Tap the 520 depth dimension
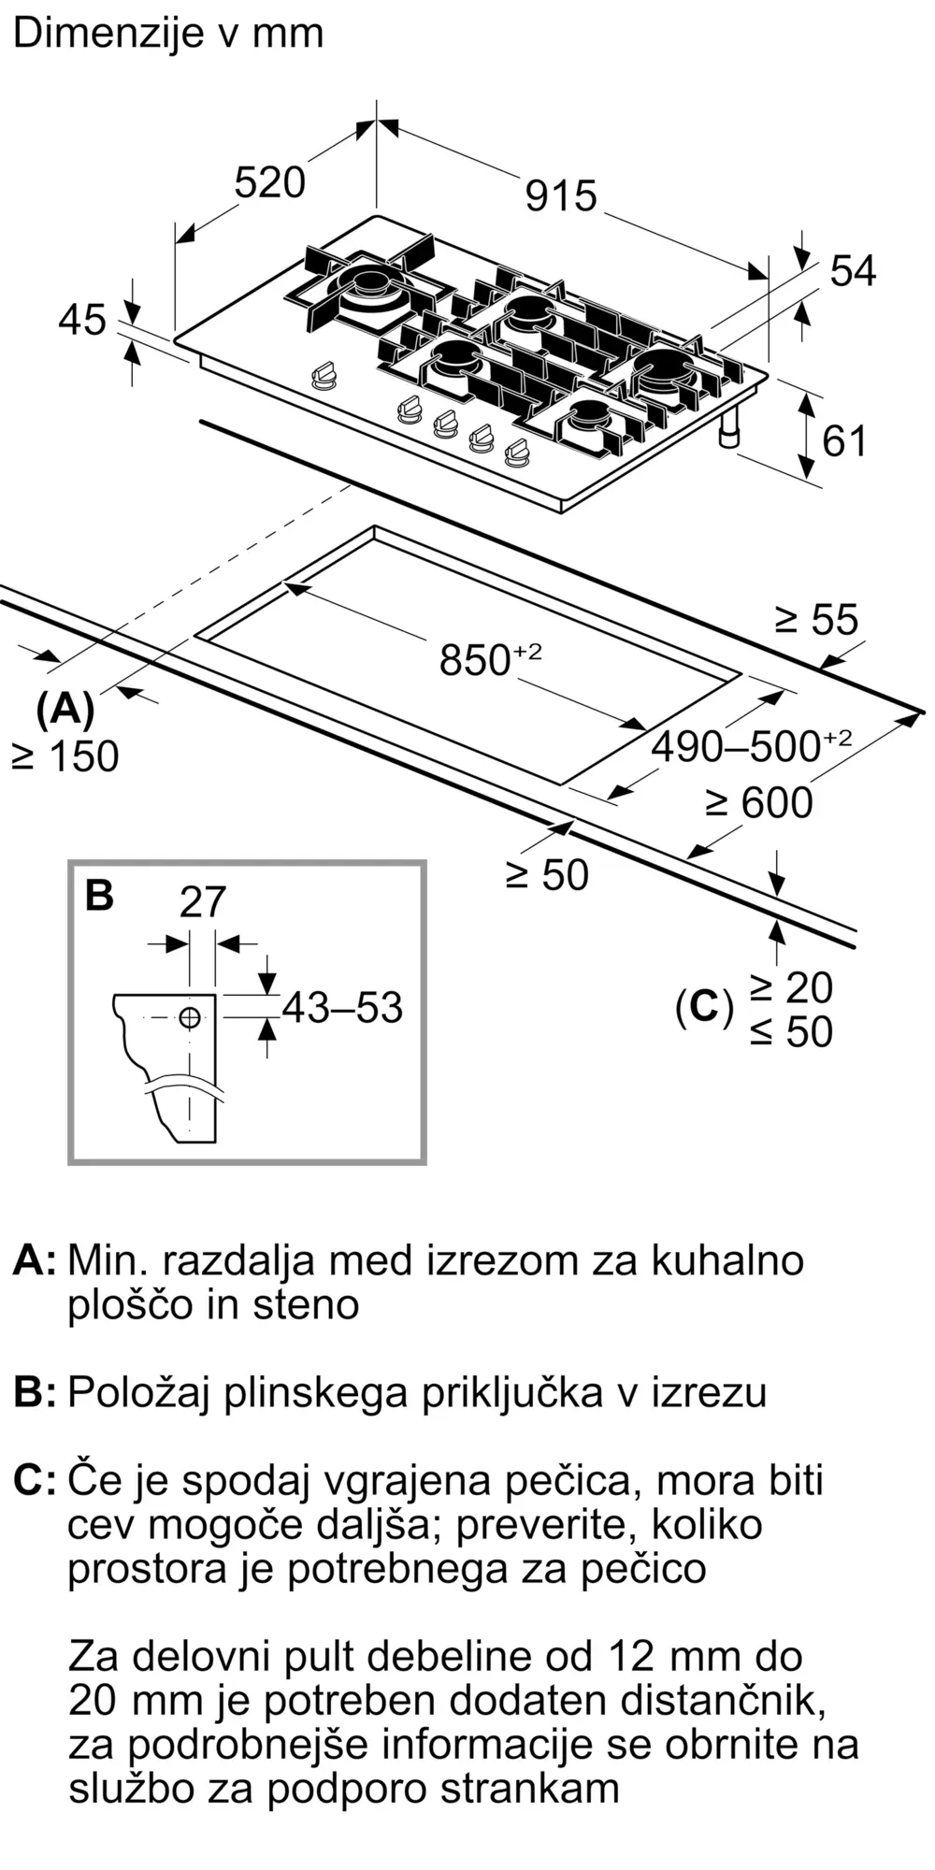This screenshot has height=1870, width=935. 269,182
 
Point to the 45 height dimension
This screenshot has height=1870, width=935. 82,320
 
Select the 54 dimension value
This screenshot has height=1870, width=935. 853,271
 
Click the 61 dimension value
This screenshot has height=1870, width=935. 844,440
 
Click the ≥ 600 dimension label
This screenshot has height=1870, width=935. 759,803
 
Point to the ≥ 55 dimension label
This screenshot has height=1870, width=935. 816,620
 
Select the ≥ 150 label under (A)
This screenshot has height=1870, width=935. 66,756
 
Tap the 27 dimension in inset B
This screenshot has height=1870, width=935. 202,902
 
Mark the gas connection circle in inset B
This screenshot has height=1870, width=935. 190,1017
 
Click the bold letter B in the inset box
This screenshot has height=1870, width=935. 99,895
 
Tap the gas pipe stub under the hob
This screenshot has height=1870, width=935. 728,431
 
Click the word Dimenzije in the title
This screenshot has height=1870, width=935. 109,34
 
